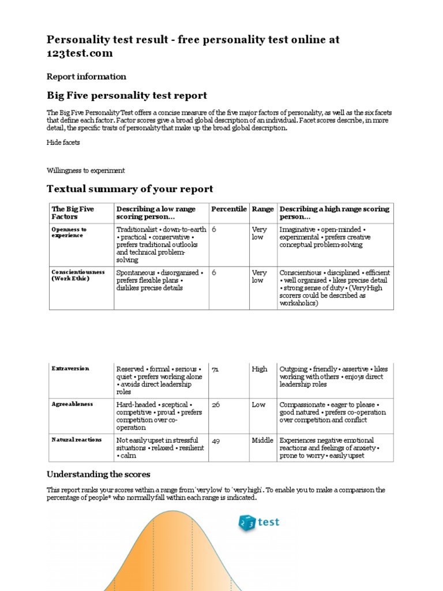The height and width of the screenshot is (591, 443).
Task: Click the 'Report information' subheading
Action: point(86,76)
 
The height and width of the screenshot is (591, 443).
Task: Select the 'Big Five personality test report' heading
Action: point(126,95)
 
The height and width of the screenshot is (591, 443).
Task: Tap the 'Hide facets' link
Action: point(63,142)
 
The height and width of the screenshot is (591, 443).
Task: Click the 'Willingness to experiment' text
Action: point(85,170)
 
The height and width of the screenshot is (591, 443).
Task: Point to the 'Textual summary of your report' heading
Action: point(130,189)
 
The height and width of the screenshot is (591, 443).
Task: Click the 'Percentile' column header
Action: point(228,209)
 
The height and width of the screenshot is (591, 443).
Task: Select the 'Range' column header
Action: point(263,209)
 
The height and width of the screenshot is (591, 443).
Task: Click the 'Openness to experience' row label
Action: point(69,233)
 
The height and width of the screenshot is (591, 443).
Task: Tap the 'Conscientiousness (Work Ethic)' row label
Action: point(78,275)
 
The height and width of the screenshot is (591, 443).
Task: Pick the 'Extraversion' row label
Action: point(70,368)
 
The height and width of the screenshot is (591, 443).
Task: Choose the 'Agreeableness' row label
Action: point(72,404)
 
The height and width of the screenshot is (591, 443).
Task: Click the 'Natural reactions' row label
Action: point(77,440)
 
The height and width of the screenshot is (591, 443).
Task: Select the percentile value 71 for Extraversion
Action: point(215,369)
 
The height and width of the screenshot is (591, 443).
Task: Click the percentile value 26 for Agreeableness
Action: point(216,405)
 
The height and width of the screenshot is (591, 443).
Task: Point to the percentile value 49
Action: point(216,440)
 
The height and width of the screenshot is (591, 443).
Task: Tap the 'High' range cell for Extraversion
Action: point(260,369)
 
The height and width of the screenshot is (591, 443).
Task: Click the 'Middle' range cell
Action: point(262,440)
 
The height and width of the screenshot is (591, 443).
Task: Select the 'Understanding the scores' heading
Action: point(98,474)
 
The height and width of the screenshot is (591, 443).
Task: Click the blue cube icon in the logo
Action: point(247,523)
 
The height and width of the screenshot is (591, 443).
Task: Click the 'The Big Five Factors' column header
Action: point(73,213)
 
